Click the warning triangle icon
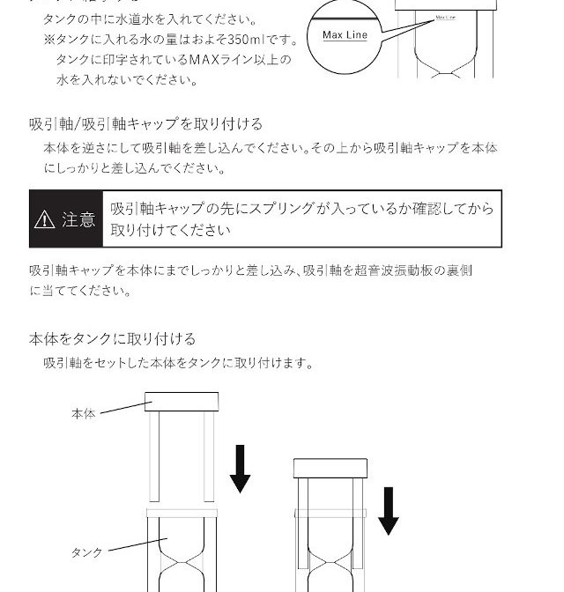click(x=44, y=219)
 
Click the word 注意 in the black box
click(x=78, y=219)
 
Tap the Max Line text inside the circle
click(x=345, y=35)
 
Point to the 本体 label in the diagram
click(x=84, y=413)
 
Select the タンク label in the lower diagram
click(x=87, y=552)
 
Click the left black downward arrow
click(x=240, y=469)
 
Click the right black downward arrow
click(x=389, y=511)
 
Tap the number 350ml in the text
click(x=246, y=40)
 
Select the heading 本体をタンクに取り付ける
click(x=113, y=338)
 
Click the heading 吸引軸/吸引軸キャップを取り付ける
click(x=145, y=124)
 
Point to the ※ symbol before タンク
click(x=49, y=40)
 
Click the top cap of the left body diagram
click(x=182, y=402)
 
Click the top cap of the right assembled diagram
click(x=330, y=468)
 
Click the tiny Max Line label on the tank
click(x=445, y=18)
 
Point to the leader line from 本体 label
click(x=126, y=407)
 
